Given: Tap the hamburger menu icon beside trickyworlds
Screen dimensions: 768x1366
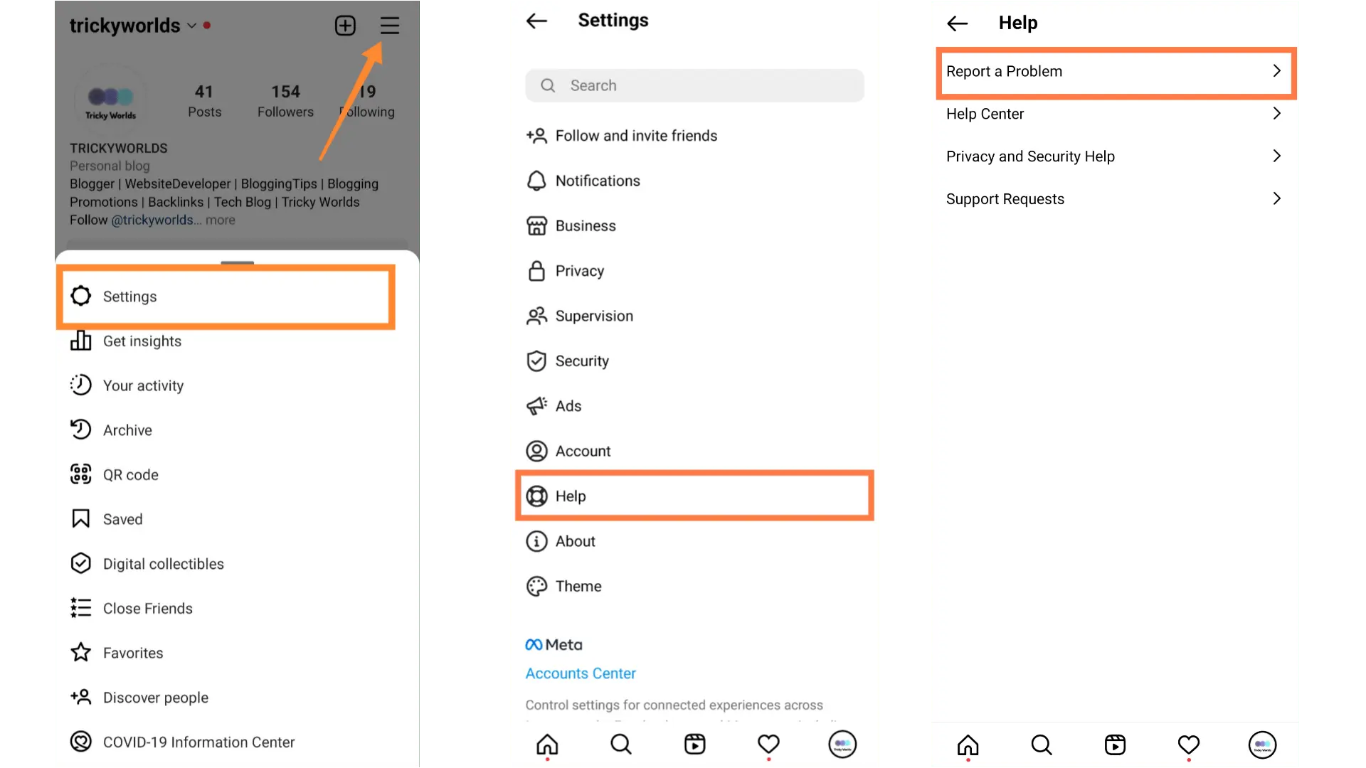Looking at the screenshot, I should pyautogui.click(x=389, y=26).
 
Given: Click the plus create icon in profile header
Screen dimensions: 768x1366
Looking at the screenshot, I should pyautogui.click(x=345, y=26).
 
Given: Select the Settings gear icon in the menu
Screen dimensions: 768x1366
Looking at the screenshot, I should pyautogui.click(x=81, y=296).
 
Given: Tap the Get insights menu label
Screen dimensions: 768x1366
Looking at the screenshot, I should pyautogui.click(x=142, y=341).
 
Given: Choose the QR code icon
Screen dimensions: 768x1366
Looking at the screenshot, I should pyautogui.click(x=81, y=474).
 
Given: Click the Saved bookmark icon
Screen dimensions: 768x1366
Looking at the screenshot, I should pyautogui.click(x=81, y=519).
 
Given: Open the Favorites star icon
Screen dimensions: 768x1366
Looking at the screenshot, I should pyautogui.click(x=81, y=653).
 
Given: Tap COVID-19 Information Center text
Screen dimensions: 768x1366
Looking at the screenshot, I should pyautogui.click(x=198, y=742).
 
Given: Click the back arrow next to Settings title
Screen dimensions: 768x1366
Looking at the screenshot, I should pyautogui.click(x=536, y=21).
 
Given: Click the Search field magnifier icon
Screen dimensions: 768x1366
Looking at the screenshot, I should pyautogui.click(x=548, y=85).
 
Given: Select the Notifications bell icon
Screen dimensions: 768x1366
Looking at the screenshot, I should pyautogui.click(x=536, y=181).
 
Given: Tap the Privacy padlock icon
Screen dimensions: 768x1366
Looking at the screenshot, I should pyautogui.click(x=536, y=271).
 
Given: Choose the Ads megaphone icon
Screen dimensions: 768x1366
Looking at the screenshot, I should pyautogui.click(x=536, y=406).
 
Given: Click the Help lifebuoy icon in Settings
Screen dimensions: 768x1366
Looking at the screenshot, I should pyautogui.click(x=536, y=496).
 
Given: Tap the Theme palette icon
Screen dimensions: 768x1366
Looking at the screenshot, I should pyautogui.click(x=536, y=586).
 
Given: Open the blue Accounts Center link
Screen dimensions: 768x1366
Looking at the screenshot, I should pyautogui.click(x=581, y=673).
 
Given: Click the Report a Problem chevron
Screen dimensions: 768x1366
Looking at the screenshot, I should pyautogui.click(x=1276, y=71).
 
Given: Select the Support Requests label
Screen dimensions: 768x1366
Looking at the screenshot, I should pyautogui.click(x=1005, y=199).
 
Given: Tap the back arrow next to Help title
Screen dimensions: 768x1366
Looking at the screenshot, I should pyautogui.click(x=958, y=23).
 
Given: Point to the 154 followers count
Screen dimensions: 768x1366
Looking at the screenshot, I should pyautogui.click(x=285, y=92).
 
